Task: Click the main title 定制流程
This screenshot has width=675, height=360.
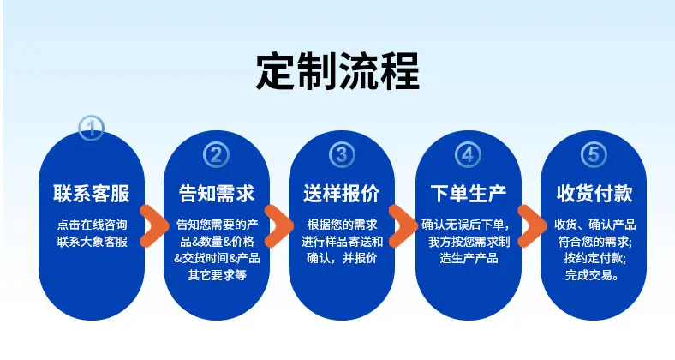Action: [338, 71]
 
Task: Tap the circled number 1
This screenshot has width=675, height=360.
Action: [92, 128]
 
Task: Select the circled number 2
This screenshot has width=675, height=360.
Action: [216, 155]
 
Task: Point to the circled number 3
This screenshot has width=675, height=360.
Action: [342, 155]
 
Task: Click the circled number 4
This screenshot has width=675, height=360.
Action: [468, 155]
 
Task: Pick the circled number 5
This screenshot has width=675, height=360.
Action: [594, 155]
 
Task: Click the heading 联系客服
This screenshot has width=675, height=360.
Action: [92, 194]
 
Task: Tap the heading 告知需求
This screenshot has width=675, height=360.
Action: [217, 194]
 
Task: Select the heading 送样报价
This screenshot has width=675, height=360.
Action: [342, 194]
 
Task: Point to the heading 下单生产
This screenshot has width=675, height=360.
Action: [469, 194]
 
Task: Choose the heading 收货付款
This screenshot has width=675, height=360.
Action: [594, 194]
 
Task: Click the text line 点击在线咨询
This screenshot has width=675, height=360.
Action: [93, 225]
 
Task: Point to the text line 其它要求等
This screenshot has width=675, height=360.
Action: [218, 275]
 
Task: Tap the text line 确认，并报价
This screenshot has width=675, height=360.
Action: [342, 258]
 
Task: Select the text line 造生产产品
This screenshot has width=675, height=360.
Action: [469, 258]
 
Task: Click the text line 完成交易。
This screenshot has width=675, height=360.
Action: [593, 275]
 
